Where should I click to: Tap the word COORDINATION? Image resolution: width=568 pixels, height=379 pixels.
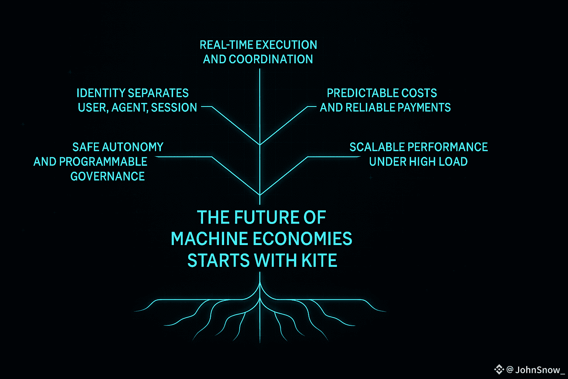coord(271,59)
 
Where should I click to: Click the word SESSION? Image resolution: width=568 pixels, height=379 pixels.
coord(174,108)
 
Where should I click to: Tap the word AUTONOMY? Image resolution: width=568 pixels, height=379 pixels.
coord(133,147)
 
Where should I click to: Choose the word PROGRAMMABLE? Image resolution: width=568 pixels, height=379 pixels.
coord(103,162)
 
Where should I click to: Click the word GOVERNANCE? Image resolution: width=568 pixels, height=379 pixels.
coord(108,177)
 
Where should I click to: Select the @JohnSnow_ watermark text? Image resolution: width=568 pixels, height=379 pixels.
coord(535,370)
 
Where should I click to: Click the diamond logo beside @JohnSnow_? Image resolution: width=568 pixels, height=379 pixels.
coord(499,369)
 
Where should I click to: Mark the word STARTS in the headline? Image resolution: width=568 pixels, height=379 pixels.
coord(212,261)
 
